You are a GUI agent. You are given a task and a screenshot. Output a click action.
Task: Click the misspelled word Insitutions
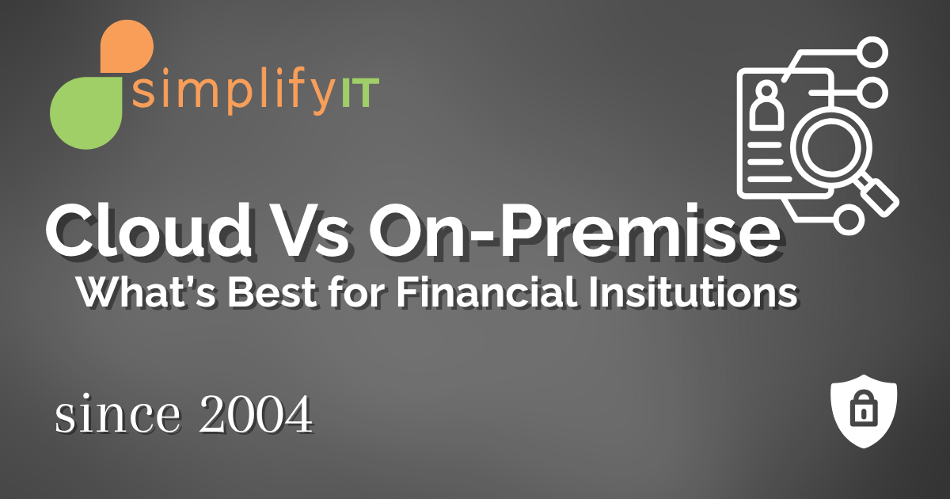(688, 294)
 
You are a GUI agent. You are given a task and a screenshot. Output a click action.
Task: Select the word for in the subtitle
(353, 294)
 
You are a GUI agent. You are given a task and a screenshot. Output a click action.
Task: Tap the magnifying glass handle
(878, 192)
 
